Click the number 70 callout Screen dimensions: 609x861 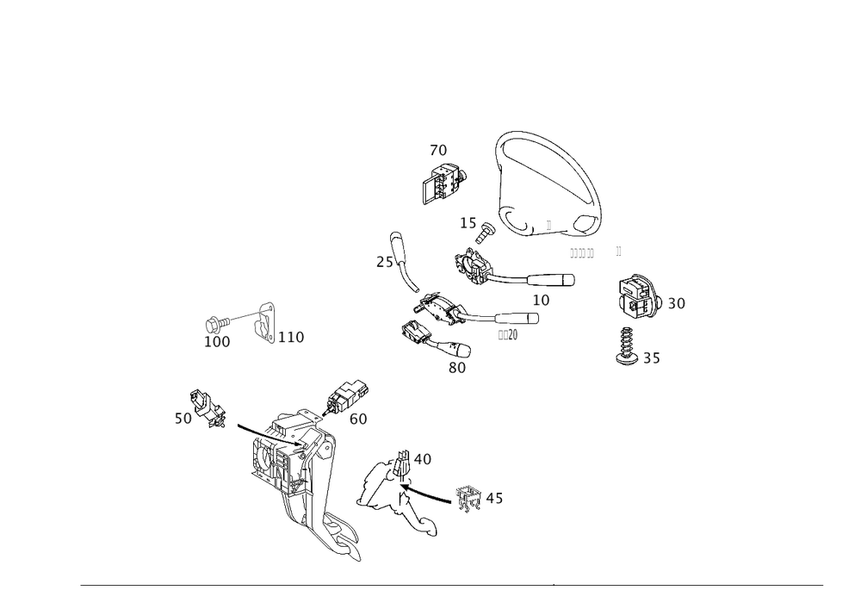tap(438, 151)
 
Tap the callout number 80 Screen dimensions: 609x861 tap(457, 368)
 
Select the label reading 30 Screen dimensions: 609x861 tap(677, 303)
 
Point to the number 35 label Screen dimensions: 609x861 tap(652, 360)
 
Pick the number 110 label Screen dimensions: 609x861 tap(292, 338)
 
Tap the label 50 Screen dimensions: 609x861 tap(183, 419)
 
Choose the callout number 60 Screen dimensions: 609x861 tap(359, 419)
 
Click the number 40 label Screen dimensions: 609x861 tap(422, 459)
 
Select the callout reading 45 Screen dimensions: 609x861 tap(494, 499)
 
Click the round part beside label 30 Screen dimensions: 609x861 tap(640, 297)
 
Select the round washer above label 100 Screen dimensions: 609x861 tap(214, 324)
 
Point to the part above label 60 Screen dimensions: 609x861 tap(344, 394)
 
